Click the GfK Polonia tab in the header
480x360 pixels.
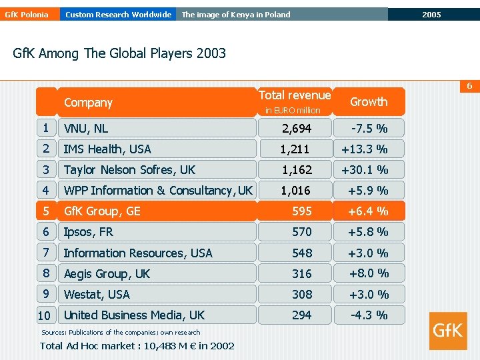[30, 15]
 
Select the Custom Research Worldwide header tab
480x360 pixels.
[118, 15]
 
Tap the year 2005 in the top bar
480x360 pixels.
[431, 15]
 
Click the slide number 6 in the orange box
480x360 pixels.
[469, 86]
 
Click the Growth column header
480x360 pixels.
[369, 101]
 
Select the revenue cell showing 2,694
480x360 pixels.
[295, 128]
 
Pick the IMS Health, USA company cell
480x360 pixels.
[157, 149]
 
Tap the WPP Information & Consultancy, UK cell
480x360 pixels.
[157, 190]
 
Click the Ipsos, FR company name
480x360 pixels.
[89, 232]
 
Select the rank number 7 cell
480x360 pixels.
[46, 253]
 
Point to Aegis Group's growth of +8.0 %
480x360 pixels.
[369, 273]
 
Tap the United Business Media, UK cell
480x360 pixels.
[157, 315]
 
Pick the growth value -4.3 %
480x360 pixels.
[369, 315]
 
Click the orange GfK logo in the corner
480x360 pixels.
[448, 331]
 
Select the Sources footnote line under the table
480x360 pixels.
[121, 332]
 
